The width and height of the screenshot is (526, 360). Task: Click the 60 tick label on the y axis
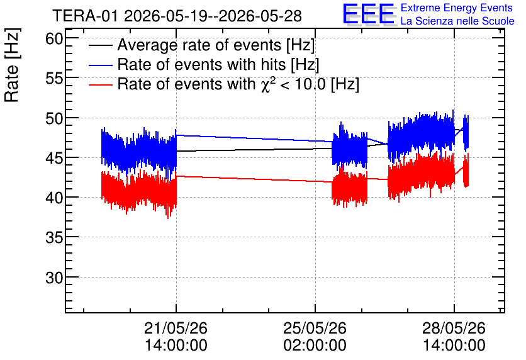click(x=54, y=39)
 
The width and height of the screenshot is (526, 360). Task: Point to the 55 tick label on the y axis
click(x=54, y=79)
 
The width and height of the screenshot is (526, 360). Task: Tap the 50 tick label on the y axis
click(x=54, y=118)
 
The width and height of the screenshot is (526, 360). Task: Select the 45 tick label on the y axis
click(x=54, y=158)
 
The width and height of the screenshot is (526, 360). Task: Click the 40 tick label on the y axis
click(x=54, y=198)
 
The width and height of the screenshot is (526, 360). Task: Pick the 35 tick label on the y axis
click(x=54, y=238)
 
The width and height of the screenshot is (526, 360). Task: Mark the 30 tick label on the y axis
click(x=54, y=278)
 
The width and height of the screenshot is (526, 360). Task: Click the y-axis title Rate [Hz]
click(x=12, y=65)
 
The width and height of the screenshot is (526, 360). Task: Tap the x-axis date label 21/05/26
click(x=176, y=328)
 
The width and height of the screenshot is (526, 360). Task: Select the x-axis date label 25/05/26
click(x=315, y=328)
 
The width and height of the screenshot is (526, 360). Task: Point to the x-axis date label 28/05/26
click(x=454, y=328)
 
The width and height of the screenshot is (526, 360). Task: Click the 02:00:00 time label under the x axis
click(x=315, y=346)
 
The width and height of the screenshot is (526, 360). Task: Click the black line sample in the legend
click(x=100, y=45)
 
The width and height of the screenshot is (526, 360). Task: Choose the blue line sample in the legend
click(x=100, y=65)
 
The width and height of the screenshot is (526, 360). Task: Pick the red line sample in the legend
click(x=100, y=84)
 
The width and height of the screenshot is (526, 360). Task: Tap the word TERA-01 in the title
click(x=86, y=16)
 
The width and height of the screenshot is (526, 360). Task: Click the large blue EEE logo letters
click(x=369, y=14)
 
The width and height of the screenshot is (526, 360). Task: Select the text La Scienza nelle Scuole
click(x=457, y=21)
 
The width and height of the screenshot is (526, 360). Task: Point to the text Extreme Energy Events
click(x=457, y=8)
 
